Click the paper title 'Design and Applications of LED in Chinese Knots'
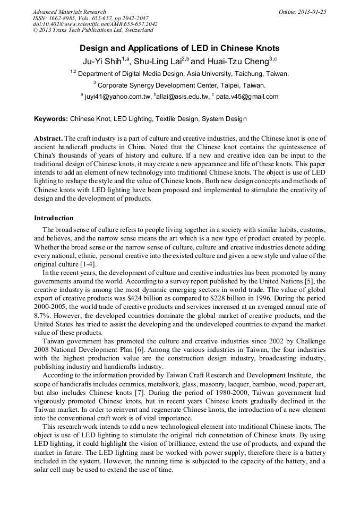[x=179, y=48]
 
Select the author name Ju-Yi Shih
[x=101, y=61]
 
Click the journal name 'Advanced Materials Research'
[x=70, y=12]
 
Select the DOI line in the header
[x=95, y=24]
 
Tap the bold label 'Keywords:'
[x=51, y=119]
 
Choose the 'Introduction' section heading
[x=54, y=218]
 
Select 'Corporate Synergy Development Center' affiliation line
[x=179, y=85]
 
